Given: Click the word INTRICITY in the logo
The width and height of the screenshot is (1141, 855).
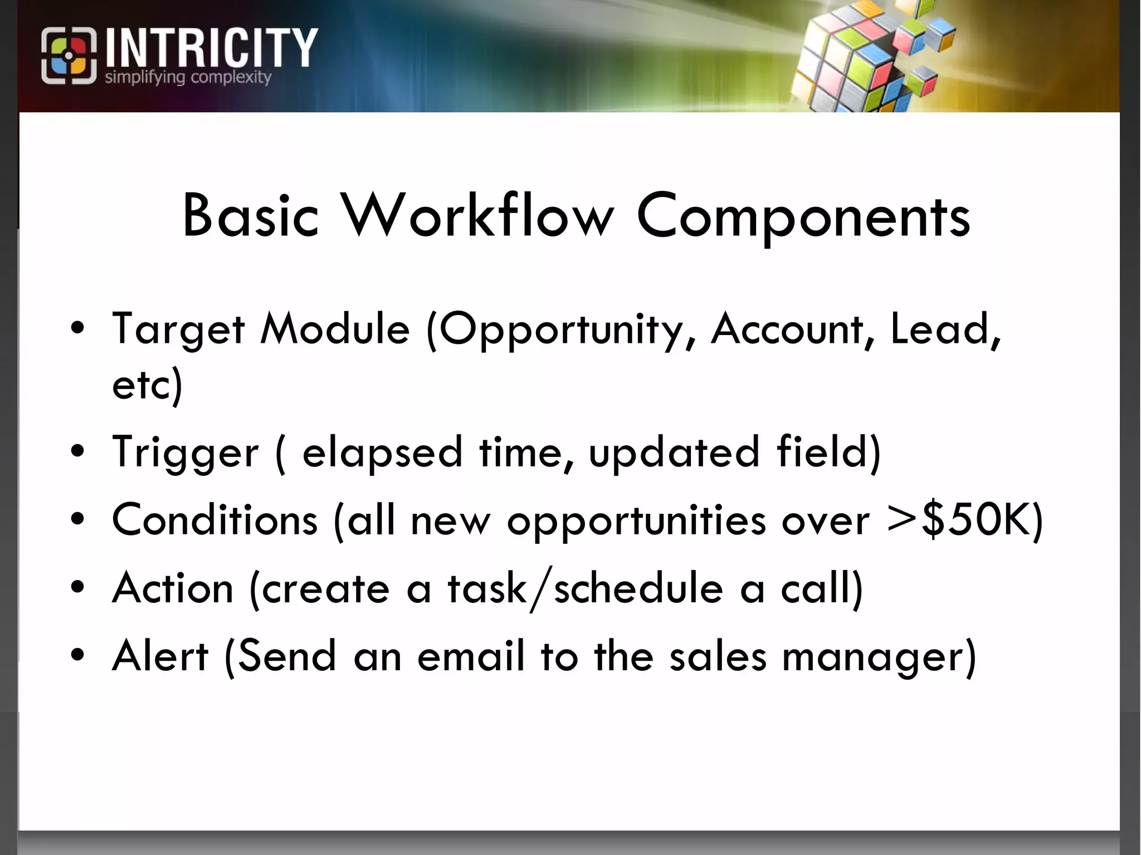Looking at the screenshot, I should [x=211, y=48].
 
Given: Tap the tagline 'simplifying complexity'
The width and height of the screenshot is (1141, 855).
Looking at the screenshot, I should [x=188, y=77].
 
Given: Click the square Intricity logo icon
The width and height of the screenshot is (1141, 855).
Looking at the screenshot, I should [x=69, y=56].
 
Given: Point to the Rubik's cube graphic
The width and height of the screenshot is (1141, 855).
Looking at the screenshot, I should [x=869, y=56].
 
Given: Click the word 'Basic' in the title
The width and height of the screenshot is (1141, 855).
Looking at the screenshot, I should [x=250, y=216].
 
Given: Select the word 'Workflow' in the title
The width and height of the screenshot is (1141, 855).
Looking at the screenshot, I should [x=478, y=216].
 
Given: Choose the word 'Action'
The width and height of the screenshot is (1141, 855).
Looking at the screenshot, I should [x=173, y=588].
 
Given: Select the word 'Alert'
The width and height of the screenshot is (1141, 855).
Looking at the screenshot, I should [x=160, y=656].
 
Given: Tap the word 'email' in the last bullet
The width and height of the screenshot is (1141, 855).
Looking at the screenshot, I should [x=471, y=656].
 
